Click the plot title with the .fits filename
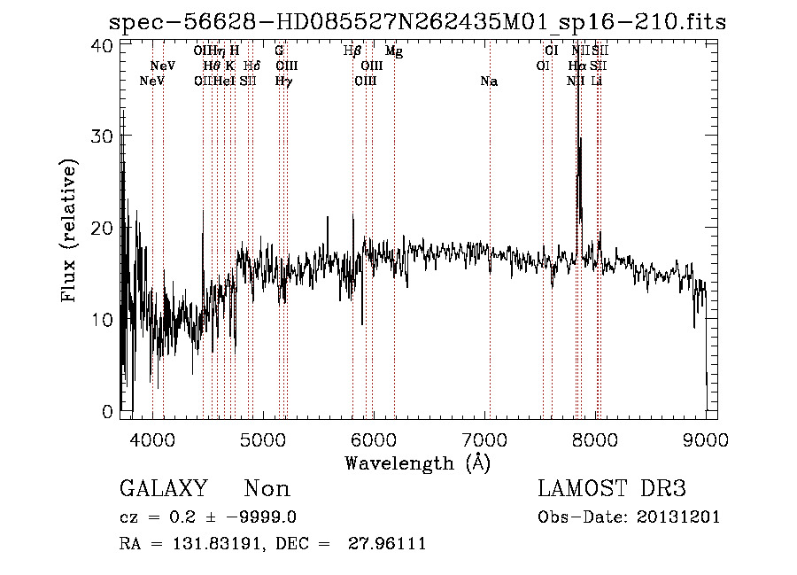point(416,21)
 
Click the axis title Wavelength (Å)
point(417,462)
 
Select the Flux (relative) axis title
point(69,229)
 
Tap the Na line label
point(489,82)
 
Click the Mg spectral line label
point(394,51)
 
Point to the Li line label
point(597,82)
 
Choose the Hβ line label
point(352,51)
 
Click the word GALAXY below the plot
point(164,489)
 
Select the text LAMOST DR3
point(611,489)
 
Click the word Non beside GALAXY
point(267,489)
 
